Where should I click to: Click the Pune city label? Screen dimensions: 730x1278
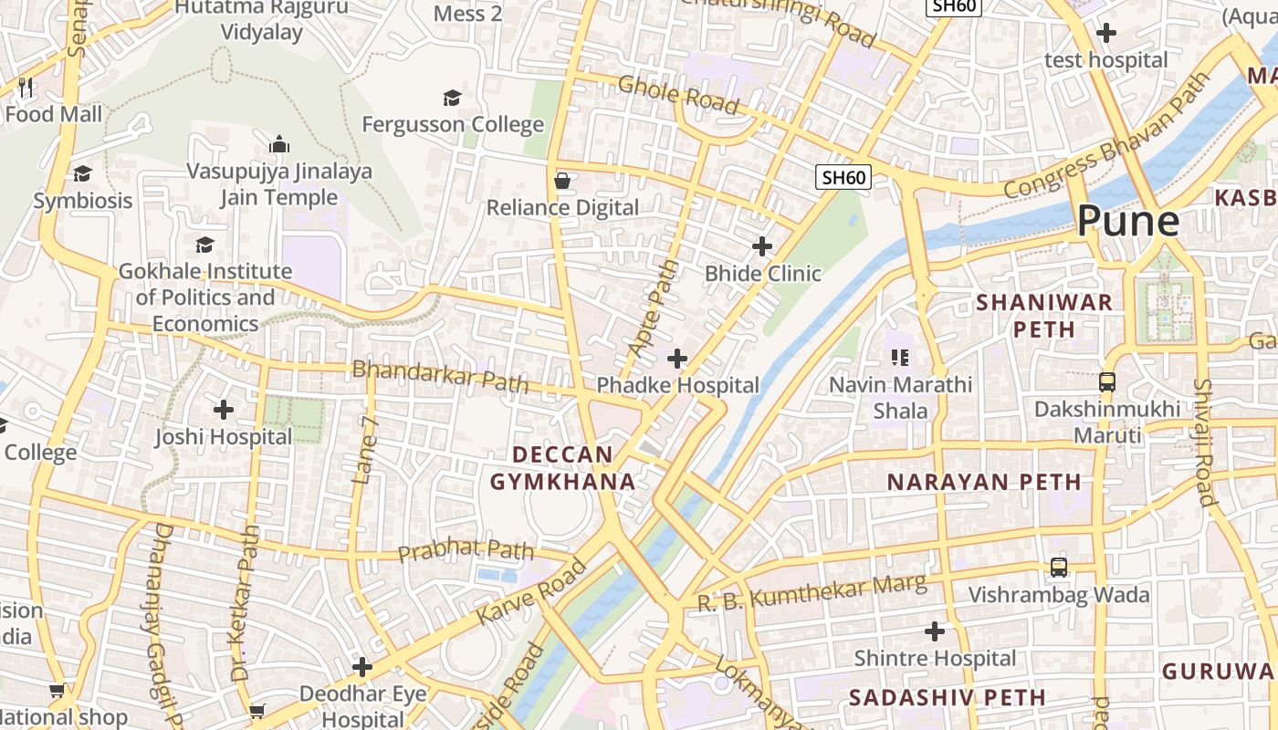coord(1127,221)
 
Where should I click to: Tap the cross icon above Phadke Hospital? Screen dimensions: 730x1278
coord(677,359)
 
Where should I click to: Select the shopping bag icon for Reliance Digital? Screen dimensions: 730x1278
coord(562,181)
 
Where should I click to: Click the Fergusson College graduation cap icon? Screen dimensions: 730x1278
coord(452,98)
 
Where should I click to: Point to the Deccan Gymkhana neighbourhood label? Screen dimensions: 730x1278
coord(562,468)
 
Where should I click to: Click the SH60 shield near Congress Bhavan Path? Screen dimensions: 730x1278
coord(843,177)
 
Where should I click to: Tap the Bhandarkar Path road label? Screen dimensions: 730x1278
coord(440,375)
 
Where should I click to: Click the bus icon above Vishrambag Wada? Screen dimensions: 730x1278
coord(1058,568)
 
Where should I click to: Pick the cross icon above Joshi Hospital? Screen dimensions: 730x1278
coord(224,410)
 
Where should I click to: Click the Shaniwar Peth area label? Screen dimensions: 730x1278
coord(1044,316)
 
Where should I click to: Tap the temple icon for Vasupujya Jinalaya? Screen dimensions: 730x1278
coord(279,144)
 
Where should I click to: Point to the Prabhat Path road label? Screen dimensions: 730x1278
coord(466,550)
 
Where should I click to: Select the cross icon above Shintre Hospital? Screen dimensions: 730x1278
coord(935,631)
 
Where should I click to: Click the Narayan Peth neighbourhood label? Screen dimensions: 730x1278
coord(984,482)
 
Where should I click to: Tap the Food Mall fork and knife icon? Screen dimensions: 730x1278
coord(26,88)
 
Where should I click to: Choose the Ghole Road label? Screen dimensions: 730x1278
coord(677,95)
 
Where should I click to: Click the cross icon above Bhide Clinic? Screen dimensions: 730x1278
coord(762,246)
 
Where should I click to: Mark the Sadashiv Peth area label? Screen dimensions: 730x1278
coord(948,698)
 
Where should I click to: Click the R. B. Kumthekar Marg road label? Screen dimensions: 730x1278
coord(812,593)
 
